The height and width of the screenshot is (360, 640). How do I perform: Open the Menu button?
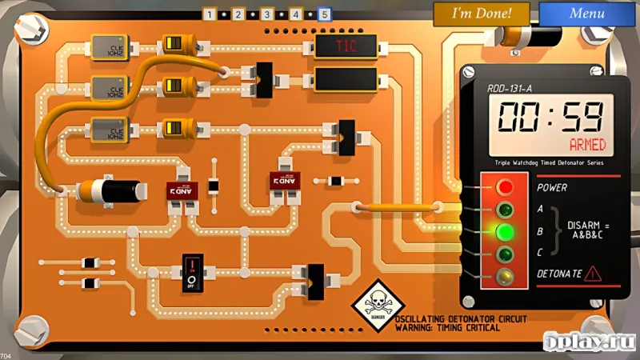pos(586,13)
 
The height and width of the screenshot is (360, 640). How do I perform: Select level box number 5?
pos(324,14)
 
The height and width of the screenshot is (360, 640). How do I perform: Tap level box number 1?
pos(209,14)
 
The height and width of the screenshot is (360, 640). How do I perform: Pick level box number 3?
pos(266,14)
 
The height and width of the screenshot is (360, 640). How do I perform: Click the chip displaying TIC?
pos(346,46)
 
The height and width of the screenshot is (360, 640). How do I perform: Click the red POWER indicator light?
pos(505,187)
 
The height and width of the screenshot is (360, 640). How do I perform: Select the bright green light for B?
pos(505,232)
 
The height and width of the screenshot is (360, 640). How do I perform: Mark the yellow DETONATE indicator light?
pos(505,275)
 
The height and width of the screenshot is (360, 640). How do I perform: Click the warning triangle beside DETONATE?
pos(592,274)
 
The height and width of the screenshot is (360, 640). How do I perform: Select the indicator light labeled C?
pos(505,254)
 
